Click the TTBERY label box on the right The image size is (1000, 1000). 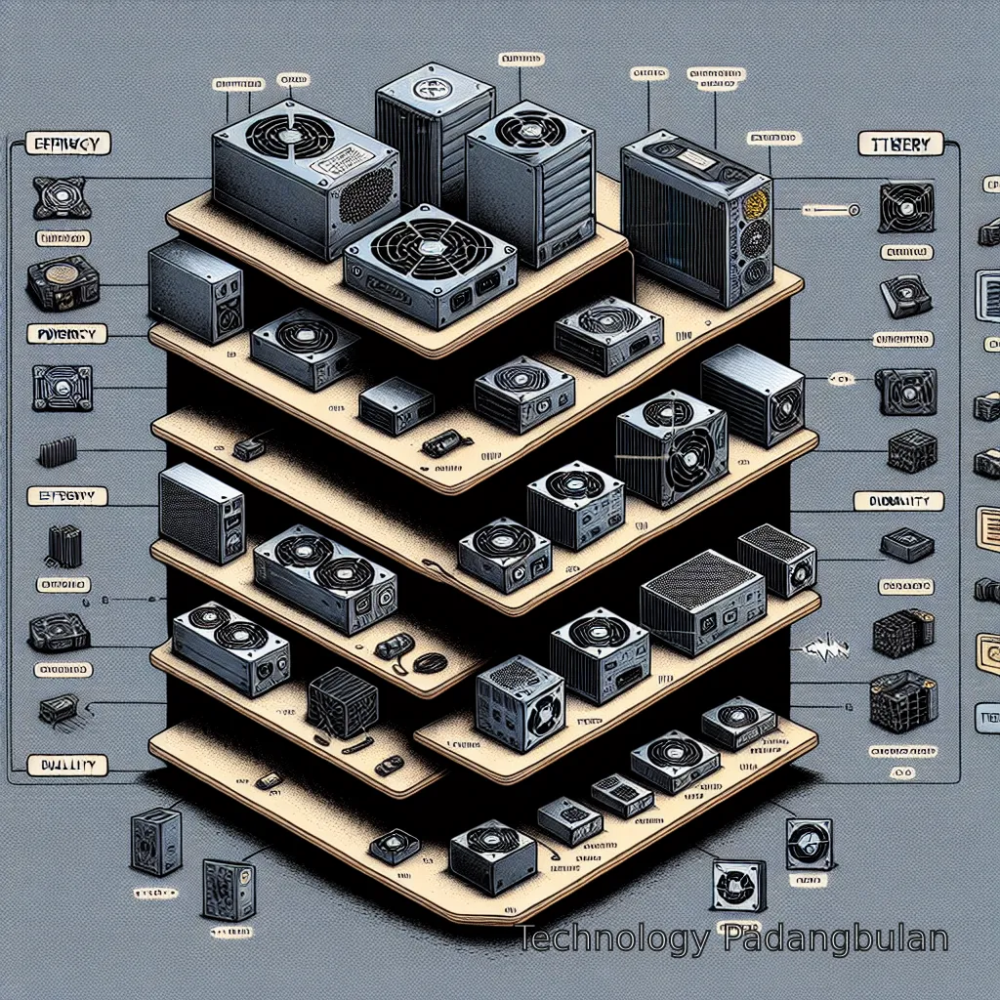(x=899, y=145)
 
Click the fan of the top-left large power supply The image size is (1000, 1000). (x=287, y=138)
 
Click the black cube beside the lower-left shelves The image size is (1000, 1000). (x=343, y=702)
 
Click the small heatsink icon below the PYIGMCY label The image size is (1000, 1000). (x=57, y=453)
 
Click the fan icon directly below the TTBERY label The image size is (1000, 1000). (x=905, y=206)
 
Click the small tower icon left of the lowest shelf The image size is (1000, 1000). (x=154, y=840)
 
